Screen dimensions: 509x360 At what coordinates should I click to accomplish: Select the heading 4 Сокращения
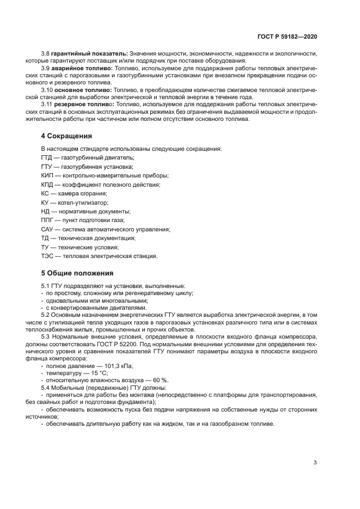(65, 136)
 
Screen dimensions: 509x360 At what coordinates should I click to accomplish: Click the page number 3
(315, 463)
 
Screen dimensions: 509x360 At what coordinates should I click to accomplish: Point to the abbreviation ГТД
(47, 157)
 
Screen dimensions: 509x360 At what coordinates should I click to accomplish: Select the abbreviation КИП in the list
(47, 175)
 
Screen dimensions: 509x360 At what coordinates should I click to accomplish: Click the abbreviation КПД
(47, 185)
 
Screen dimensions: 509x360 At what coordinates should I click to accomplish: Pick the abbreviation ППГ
(47, 220)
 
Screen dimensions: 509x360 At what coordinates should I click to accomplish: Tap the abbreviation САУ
(47, 229)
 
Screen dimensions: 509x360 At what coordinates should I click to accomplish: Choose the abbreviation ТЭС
(47, 256)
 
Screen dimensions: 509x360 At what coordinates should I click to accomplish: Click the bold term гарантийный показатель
(89, 53)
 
